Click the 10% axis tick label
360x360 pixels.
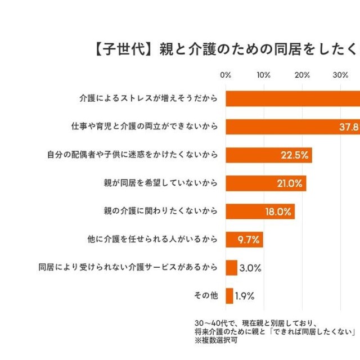click(264, 75)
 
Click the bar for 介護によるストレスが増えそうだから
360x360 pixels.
click(292, 98)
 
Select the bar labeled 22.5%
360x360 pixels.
click(268, 155)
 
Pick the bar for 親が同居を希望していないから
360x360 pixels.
click(265, 183)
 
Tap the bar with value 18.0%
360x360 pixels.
click(260, 211)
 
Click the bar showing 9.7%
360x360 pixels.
click(244, 240)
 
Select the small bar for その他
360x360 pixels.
click(229, 296)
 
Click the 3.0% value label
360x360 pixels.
click(250, 268)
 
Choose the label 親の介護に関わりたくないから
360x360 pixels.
click(161, 211)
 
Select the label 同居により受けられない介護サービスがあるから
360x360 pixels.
click(128, 268)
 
